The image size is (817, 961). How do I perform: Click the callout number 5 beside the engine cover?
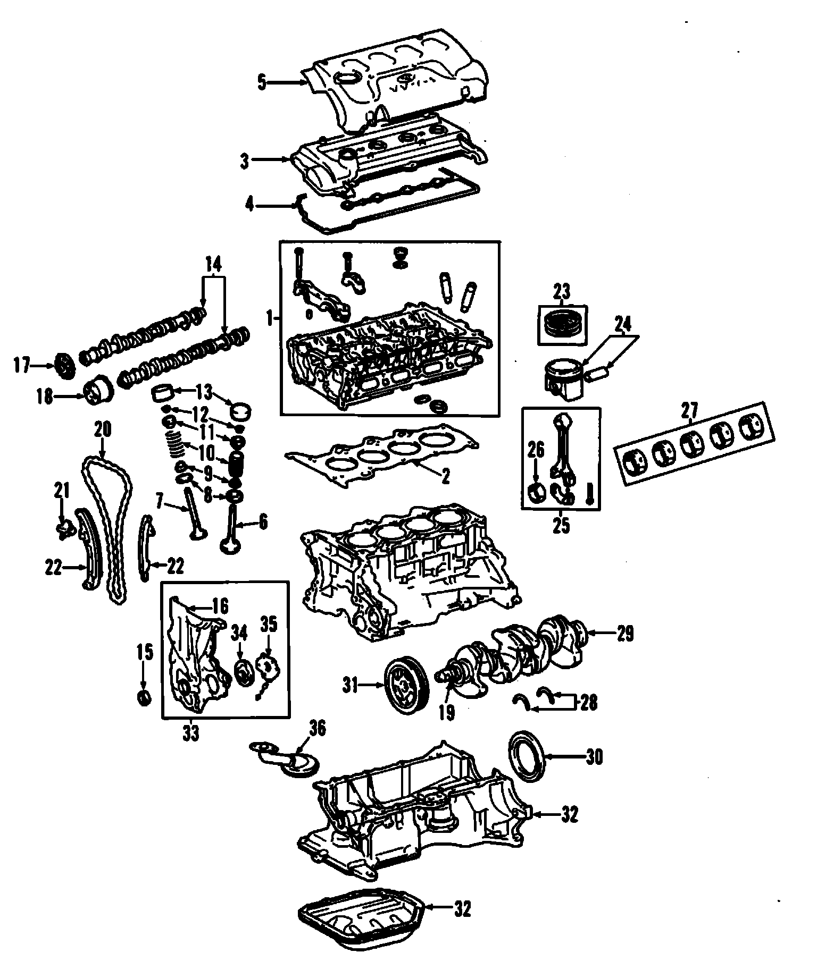click(261, 83)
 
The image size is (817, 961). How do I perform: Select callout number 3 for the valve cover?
click(244, 161)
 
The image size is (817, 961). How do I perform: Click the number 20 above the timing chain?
click(102, 429)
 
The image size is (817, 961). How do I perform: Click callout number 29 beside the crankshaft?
click(626, 634)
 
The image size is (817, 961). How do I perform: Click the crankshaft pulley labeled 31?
click(406, 686)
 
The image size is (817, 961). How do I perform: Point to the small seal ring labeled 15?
click(144, 697)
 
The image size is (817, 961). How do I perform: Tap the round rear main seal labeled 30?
click(526, 756)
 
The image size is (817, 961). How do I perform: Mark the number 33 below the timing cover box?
click(191, 734)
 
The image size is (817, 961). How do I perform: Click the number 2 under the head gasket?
click(445, 476)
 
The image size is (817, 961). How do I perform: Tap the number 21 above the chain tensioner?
click(62, 490)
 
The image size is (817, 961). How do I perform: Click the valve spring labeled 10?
click(175, 444)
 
